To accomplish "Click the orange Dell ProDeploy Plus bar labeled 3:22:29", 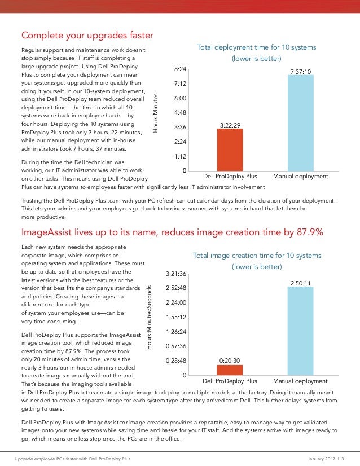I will pyautogui.click(x=230, y=150).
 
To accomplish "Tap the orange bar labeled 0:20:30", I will pyautogui.click(x=230, y=370).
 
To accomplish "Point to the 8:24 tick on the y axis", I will pyautogui.click(x=181, y=69).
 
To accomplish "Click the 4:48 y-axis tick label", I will pyautogui.click(x=181, y=112).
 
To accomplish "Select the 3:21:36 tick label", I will pyautogui.click(x=175, y=274).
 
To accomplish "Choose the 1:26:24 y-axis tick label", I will pyautogui.click(x=175, y=332).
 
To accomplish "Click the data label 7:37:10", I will pyautogui.click(x=300, y=72).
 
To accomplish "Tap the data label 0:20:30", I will pyautogui.click(x=230, y=359).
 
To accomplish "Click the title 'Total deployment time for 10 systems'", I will pyautogui.click(x=256, y=47).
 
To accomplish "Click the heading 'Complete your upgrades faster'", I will pyautogui.click(x=87, y=36).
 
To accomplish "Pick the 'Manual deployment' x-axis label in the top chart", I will pyautogui.click(x=300, y=177).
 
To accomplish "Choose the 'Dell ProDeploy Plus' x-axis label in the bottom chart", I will pyautogui.click(x=230, y=381).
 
